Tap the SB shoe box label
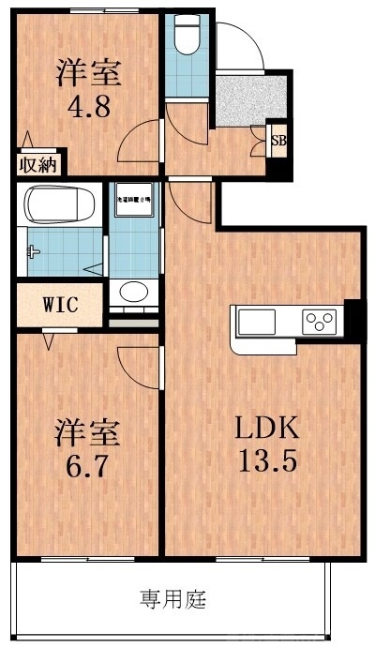pyautogui.click(x=278, y=141)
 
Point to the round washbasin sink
pyautogui.click(x=134, y=291)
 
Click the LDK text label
pyautogui.click(x=266, y=429)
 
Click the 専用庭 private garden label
pyautogui.click(x=173, y=597)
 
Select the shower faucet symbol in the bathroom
pyautogui.click(x=35, y=250)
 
